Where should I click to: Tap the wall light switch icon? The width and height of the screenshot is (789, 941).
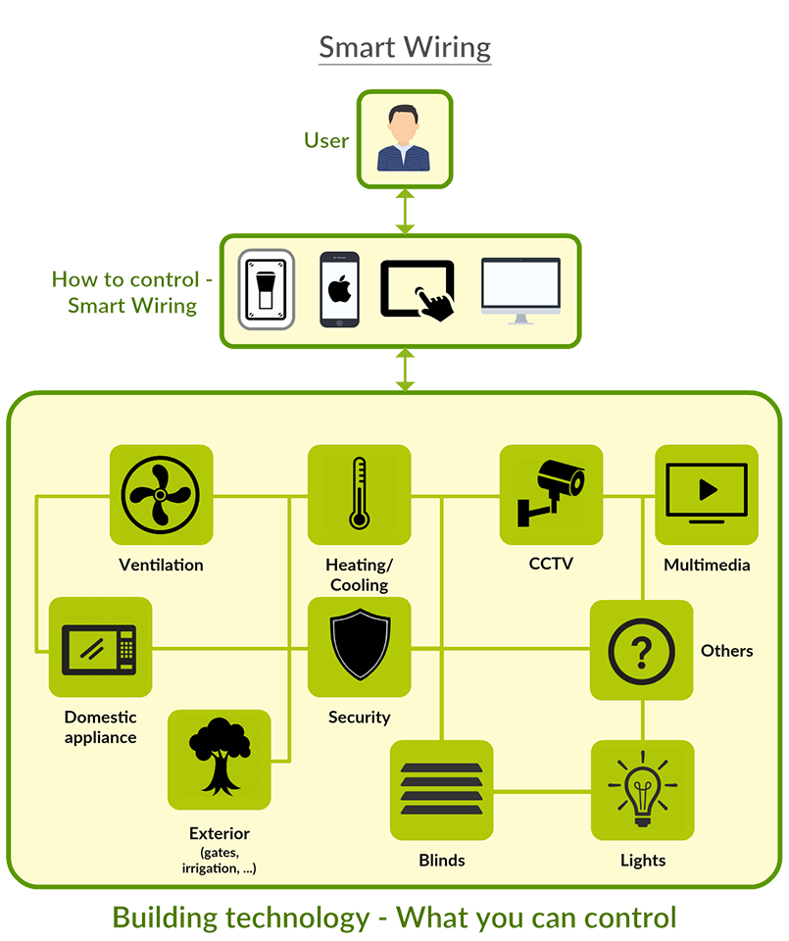266,289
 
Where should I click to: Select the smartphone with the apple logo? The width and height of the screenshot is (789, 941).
339,289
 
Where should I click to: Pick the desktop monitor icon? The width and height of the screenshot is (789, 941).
520,290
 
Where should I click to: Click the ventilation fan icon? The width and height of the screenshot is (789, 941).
161,495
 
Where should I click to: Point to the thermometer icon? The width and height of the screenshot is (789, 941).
359,495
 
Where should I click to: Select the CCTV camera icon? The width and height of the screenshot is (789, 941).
551,495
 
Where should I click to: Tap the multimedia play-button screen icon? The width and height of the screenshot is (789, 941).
706,493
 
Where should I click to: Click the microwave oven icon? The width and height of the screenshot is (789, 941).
100,648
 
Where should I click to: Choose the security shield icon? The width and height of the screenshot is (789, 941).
359,648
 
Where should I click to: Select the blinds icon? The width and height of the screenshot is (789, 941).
441,790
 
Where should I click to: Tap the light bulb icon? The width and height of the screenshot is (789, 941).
642,790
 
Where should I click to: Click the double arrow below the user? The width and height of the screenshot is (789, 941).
404,214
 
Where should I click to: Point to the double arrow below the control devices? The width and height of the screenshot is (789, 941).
404,370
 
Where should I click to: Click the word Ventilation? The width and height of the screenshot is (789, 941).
161,565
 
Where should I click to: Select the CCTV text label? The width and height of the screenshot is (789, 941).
551,564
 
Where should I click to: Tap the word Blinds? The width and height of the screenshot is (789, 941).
441,861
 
